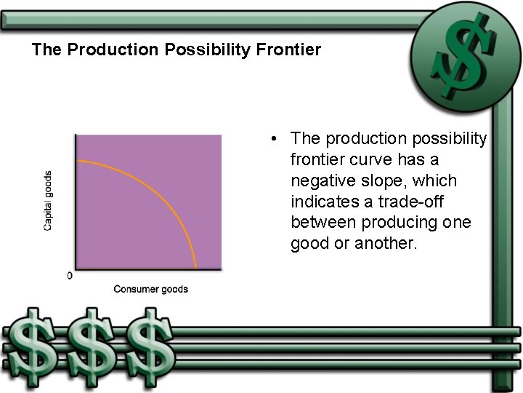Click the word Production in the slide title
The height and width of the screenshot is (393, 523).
(x=100, y=50)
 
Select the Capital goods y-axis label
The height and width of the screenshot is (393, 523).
(x=48, y=201)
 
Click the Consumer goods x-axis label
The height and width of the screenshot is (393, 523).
(x=150, y=289)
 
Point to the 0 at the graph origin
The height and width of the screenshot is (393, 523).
(x=70, y=276)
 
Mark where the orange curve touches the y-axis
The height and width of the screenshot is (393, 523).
(x=76, y=160)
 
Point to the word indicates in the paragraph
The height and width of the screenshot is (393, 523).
(x=323, y=201)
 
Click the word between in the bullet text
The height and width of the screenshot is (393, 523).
(x=323, y=222)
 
